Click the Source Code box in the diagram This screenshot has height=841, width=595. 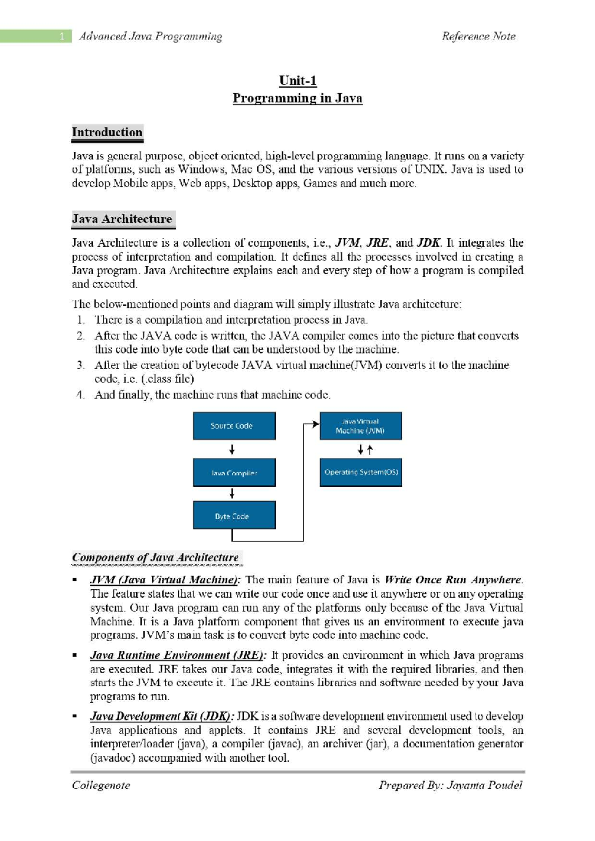[x=234, y=426]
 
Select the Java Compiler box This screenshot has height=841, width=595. [x=234, y=473]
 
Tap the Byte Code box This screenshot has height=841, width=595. [x=234, y=516]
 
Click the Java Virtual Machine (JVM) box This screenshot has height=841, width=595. [x=360, y=426]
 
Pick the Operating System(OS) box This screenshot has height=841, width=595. [x=360, y=473]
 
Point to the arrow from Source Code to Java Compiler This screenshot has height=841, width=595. [x=232, y=450]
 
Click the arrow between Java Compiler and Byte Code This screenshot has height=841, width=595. [x=232, y=494]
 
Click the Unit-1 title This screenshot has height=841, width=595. [x=297, y=80]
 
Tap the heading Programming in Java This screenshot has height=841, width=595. [x=297, y=98]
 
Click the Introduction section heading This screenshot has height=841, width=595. [x=107, y=132]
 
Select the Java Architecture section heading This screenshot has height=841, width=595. [x=122, y=219]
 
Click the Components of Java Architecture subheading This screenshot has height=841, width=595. [x=156, y=557]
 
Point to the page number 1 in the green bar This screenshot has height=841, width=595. [x=62, y=36]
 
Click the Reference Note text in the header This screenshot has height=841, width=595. [x=478, y=36]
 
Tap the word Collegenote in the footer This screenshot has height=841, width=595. [x=101, y=785]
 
